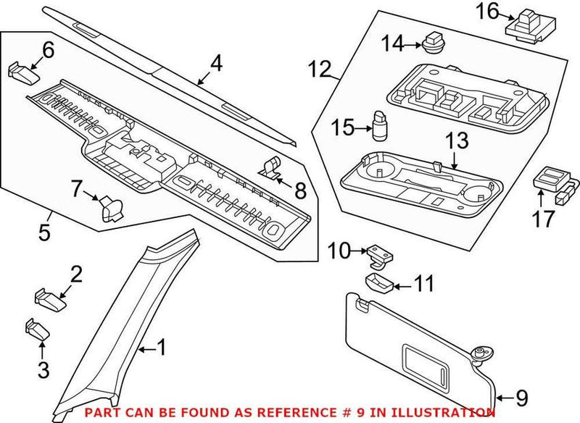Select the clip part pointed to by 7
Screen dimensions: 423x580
[112, 207]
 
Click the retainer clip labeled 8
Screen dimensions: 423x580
[271, 167]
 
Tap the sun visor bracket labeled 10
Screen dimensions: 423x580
[376, 253]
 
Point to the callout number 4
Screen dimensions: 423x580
[215, 64]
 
